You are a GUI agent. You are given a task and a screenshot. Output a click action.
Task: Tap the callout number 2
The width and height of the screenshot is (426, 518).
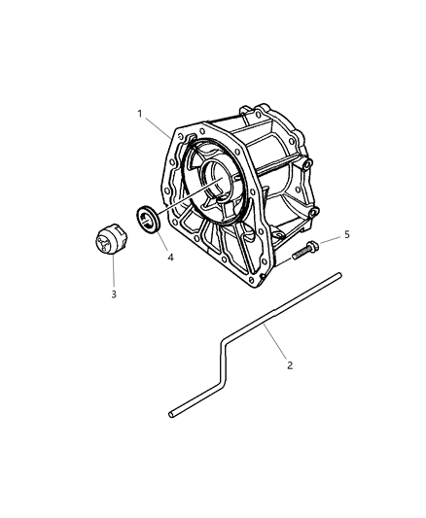(289, 365)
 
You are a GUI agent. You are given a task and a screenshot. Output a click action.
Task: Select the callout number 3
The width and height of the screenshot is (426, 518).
(113, 294)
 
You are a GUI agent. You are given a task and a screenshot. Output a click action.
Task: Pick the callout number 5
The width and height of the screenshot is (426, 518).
(346, 234)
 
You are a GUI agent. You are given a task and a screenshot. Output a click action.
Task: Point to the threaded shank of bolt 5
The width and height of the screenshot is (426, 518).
(300, 253)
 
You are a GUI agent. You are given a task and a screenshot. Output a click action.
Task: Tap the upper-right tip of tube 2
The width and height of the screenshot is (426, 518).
(337, 278)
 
